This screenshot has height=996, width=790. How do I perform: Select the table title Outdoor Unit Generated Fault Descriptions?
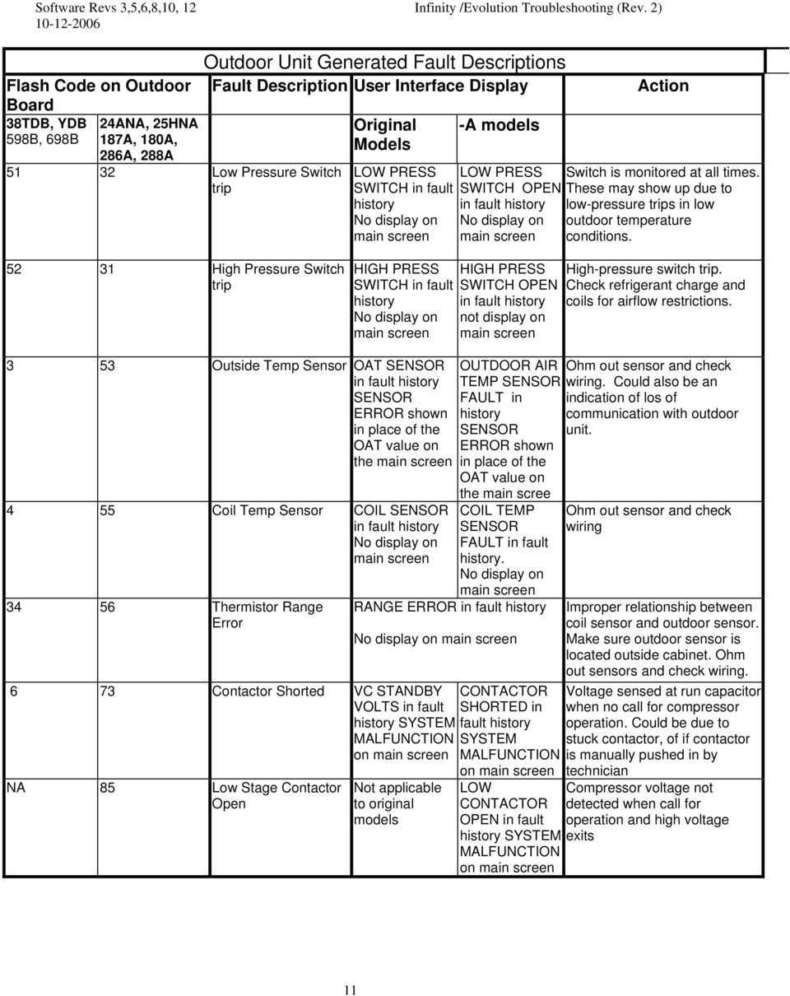(384, 62)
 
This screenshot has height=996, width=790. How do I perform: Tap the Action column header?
(662, 86)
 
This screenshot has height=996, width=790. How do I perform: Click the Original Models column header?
(384, 134)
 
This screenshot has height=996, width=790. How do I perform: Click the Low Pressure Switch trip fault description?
(276, 180)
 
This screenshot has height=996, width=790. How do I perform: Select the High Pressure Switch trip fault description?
(277, 277)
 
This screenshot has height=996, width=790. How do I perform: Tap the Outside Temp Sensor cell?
(280, 365)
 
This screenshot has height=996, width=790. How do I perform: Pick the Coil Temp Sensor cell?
(267, 510)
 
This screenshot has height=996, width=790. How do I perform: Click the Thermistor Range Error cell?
(267, 615)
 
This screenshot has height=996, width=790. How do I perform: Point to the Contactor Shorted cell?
(268, 691)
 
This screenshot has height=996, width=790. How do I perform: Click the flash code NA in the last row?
(16, 788)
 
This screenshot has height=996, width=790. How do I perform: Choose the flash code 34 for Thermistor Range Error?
(15, 607)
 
